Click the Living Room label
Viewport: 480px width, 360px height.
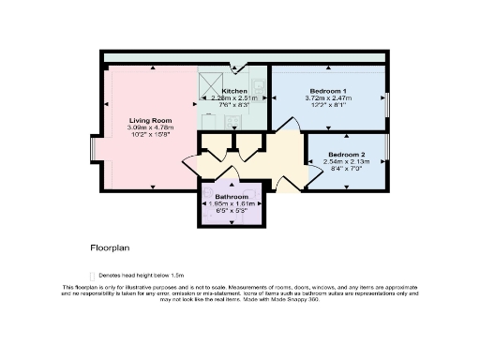pyautogui.click(x=150, y=120)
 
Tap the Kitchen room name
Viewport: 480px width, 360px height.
pyautogui.click(x=234, y=90)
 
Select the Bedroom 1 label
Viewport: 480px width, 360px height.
pyautogui.click(x=327, y=90)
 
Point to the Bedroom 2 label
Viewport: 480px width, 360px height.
pyautogui.click(x=348, y=153)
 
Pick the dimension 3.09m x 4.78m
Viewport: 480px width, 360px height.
pyautogui.click(x=150, y=127)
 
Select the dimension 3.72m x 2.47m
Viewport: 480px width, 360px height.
pyautogui.click(x=327, y=97)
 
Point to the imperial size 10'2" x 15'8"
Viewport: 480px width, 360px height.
pyautogui.click(x=150, y=135)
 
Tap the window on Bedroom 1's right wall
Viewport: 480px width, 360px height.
pyautogui.click(x=387, y=104)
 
